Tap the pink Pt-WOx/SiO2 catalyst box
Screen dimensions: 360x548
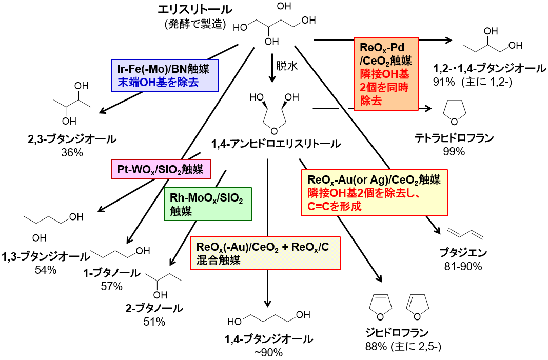(161, 169)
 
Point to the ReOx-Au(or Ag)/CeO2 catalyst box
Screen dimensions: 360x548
(374, 192)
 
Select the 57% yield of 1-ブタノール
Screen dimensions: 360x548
(114, 286)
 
